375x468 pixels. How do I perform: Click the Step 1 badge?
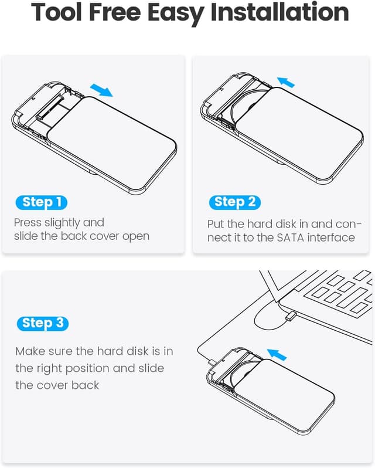(x=41, y=203)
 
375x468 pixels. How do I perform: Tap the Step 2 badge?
(x=234, y=203)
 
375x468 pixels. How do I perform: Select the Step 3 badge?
(x=42, y=323)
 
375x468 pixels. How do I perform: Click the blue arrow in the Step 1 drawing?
(x=101, y=90)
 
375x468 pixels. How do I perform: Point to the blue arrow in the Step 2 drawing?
(x=286, y=82)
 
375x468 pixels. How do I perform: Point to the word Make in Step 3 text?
(x=30, y=351)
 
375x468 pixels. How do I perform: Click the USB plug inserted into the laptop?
(x=289, y=317)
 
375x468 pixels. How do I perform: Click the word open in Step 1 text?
(x=137, y=236)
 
